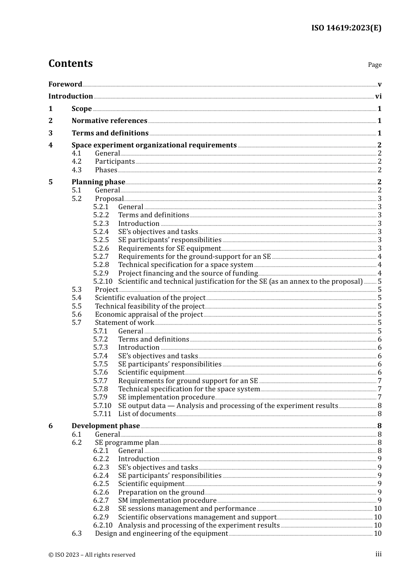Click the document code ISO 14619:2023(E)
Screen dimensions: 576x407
coord(346,28)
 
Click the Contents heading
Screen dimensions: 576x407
coord(70,63)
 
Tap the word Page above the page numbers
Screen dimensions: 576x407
coord(374,65)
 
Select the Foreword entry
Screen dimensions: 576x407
coord(65,84)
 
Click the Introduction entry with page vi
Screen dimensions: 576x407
coord(71,96)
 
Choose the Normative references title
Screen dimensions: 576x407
coord(109,121)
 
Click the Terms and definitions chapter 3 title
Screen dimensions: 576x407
coord(110,133)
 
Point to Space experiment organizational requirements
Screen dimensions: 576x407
coord(154,145)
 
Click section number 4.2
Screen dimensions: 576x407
coord(77,162)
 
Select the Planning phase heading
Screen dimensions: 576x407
coord(98,182)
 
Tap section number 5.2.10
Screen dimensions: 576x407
coord(103,281)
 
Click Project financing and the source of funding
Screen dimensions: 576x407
coord(188,273)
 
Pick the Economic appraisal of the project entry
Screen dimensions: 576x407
coord(149,314)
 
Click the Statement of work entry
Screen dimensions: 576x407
coord(124,323)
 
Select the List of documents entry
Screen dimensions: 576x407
coord(147,414)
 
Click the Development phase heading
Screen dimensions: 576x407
coord(106,426)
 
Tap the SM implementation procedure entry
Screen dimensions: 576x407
coord(167,500)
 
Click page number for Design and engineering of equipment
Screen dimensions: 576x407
coord(377,534)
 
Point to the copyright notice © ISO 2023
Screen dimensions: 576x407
coord(92,555)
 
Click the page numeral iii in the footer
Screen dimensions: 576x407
coord(378,554)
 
